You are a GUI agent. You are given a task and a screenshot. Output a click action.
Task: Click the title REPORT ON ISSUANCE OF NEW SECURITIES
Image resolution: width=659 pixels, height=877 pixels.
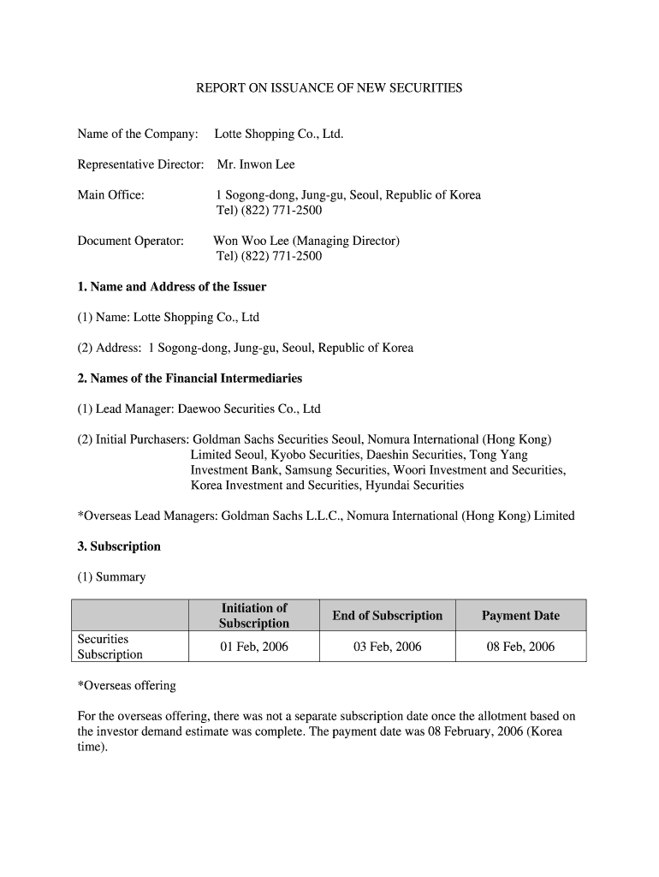329,88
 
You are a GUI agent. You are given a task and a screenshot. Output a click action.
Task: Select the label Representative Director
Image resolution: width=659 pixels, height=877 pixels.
140,164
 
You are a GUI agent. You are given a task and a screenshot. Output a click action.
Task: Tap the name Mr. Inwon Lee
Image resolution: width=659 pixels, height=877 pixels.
255,164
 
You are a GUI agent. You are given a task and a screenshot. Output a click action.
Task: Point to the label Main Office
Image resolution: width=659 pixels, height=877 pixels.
111,195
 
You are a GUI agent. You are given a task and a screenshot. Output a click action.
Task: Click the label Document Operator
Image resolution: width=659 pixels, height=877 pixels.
131,242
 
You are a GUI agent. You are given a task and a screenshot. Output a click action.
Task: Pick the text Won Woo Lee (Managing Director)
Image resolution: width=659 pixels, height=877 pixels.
306,242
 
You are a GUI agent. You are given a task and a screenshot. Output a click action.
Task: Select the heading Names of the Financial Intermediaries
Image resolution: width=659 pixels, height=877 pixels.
190,379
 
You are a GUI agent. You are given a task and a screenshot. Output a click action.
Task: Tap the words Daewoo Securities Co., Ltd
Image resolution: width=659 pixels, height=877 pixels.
249,409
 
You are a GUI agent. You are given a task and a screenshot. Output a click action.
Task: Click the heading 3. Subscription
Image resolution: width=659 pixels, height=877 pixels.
119,546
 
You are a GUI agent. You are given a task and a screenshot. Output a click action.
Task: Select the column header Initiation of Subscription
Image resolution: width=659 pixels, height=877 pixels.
254,616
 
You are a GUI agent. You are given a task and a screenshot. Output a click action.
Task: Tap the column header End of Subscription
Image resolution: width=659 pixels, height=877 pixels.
388,616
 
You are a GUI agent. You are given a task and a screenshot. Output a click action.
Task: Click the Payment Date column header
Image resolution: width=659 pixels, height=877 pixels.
520,616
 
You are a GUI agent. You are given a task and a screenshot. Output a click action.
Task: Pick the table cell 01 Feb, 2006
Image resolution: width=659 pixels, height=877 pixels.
254,647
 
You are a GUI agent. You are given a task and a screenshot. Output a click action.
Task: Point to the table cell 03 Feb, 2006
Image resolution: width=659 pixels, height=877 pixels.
388,647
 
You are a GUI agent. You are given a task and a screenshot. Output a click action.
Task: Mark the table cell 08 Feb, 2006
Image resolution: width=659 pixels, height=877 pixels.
520,647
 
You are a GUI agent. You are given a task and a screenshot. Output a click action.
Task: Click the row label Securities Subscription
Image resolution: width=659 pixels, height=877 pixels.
110,647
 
